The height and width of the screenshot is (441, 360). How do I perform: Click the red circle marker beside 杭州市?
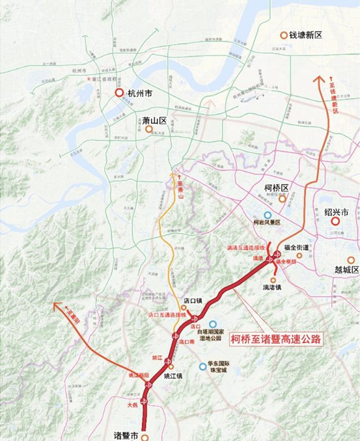(119, 93)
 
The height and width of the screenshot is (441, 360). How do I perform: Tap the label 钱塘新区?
(306, 35)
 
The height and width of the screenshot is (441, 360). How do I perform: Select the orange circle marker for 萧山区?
(149, 129)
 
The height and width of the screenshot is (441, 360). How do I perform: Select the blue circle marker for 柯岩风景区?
(268, 215)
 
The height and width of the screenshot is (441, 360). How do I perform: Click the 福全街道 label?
(299, 247)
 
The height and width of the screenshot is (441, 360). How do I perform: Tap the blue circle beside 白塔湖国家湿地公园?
(213, 323)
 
